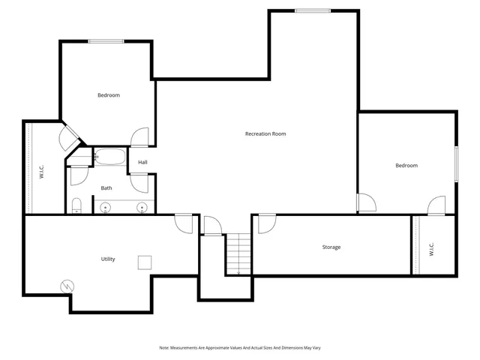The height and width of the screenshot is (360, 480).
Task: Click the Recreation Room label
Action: tap(265, 133)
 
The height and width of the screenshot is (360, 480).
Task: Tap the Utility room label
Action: tap(108, 259)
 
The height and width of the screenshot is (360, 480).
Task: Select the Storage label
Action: tap(331, 247)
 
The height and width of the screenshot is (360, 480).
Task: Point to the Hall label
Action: tap(142, 162)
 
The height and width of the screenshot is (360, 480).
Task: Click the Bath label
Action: tap(106, 187)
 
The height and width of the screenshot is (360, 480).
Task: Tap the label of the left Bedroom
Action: tap(109, 95)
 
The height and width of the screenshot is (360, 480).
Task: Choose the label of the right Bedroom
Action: tap(406, 165)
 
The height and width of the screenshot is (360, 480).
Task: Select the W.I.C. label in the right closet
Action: tap(432, 248)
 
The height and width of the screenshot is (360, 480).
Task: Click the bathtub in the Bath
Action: tap(111, 157)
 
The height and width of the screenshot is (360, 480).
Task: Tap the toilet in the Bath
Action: tap(76, 205)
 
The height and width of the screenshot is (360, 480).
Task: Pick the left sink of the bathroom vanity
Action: tap(106, 206)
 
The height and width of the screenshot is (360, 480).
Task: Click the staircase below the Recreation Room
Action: tap(238, 253)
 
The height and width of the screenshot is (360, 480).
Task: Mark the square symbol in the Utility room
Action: tap(145, 262)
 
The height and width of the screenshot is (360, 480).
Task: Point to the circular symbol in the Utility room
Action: tap(67, 286)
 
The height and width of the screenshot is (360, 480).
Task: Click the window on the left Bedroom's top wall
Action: tap(106, 41)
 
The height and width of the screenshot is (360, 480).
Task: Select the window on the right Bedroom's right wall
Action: tap(455, 163)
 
